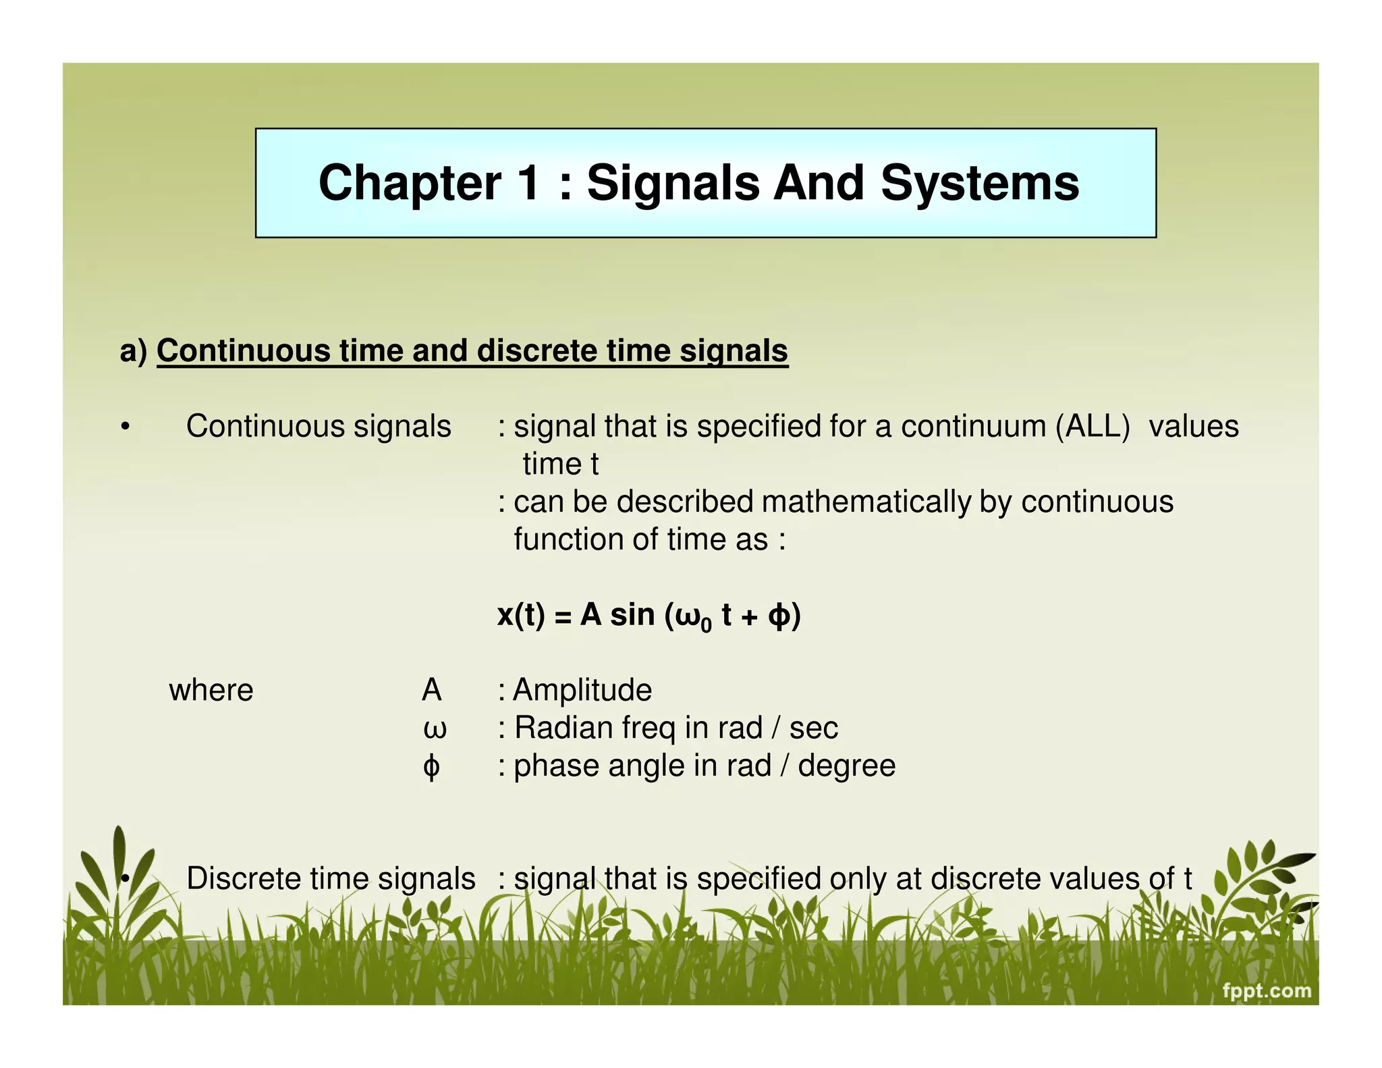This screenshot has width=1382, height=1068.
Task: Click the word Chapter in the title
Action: click(410, 183)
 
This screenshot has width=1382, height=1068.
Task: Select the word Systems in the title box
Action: click(980, 183)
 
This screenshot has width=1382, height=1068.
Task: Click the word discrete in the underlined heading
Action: click(536, 351)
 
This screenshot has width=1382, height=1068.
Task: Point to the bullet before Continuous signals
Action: click(125, 427)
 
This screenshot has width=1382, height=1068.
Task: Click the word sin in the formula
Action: click(632, 615)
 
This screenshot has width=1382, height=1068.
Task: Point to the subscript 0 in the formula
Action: click(706, 626)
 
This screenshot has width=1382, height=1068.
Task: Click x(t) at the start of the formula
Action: click(520, 615)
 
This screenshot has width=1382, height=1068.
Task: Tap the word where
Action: click(211, 691)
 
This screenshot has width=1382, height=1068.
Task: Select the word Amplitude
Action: click(582, 691)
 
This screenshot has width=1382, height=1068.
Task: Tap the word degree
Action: click(846, 766)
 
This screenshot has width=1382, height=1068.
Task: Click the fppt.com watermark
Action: click(1267, 991)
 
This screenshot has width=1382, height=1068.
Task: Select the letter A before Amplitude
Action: click(431, 691)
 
